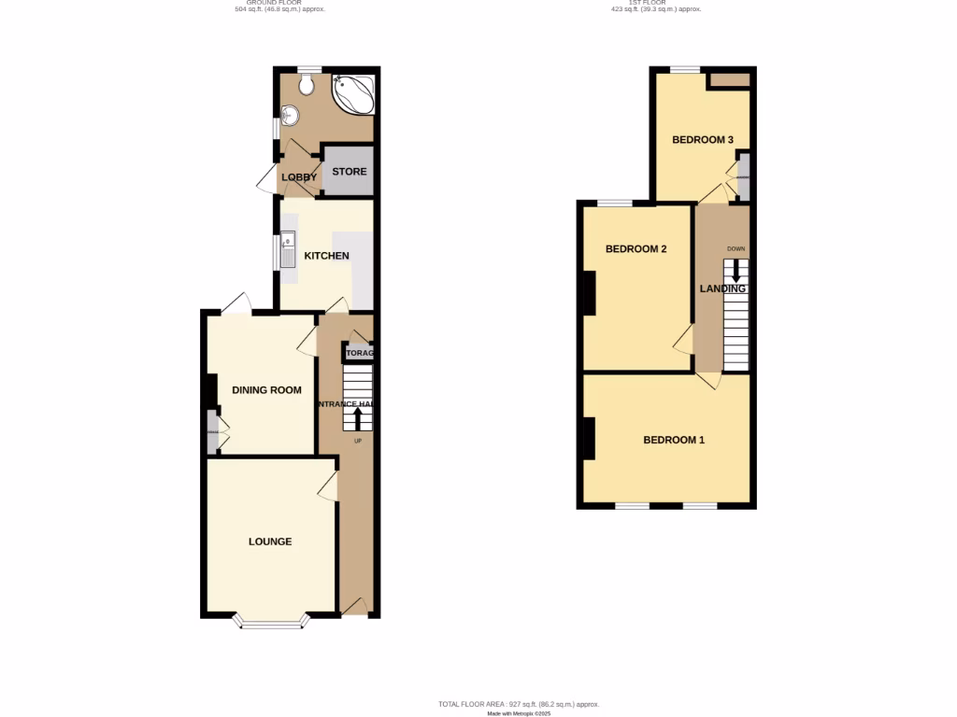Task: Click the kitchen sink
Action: [x=289, y=250]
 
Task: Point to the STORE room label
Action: [x=350, y=172]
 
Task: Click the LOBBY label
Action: [x=300, y=177]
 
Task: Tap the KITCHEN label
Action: [x=326, y=256]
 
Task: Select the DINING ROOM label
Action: [x=266, y=390]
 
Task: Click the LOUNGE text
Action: [x=270, y=541]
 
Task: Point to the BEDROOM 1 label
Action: [x=674, y=440]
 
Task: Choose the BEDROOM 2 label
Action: [x=636, y=249]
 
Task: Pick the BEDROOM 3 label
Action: [x=703, y=140]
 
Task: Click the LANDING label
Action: [x=723, y=289]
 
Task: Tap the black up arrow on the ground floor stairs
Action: [x=357, y=416]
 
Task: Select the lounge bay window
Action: [x=271, y=622]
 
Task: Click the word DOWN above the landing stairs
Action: [x=736, y=248]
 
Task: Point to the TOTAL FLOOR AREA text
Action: [x=519, y=704]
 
